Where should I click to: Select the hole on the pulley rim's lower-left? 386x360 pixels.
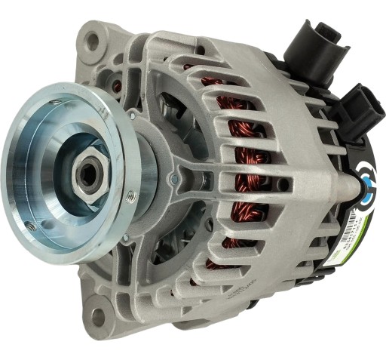(31, 224)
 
